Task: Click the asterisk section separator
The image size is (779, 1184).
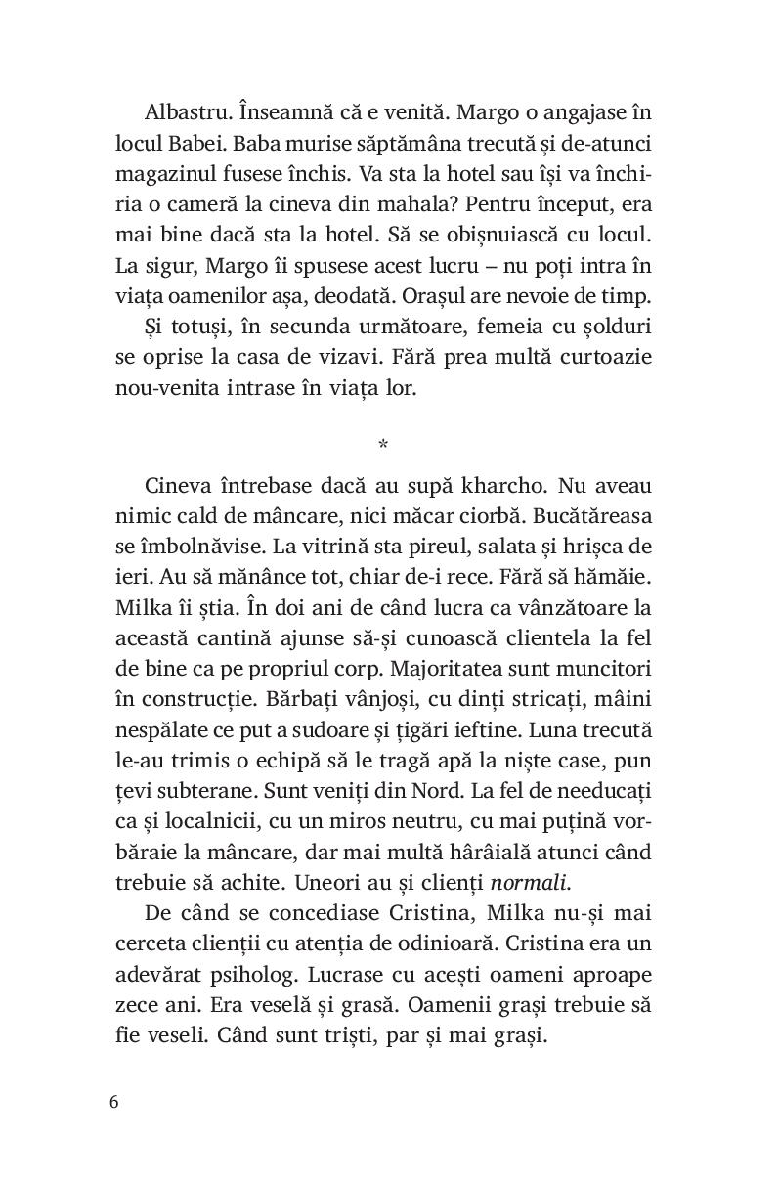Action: [x=382, y=445]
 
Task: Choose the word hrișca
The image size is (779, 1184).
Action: [x=589, y=548]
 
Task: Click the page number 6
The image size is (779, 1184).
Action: [x=114, y=1101]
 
